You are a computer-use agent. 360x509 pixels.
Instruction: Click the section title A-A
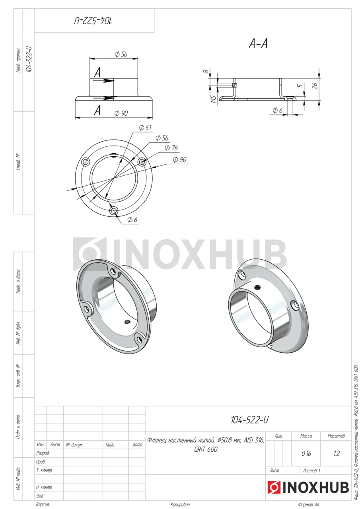pos(258,43)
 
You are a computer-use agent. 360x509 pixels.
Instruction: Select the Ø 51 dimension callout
pos(145,128)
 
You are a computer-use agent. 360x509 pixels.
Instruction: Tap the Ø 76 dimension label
pos(171,148)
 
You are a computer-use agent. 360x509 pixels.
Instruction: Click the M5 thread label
pos(213,99)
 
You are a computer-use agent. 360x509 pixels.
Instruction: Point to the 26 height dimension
pos(315,85)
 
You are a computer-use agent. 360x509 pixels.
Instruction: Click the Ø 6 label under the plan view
pos(132,220)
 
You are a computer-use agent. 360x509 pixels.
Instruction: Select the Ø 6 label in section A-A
pos(277,111)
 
